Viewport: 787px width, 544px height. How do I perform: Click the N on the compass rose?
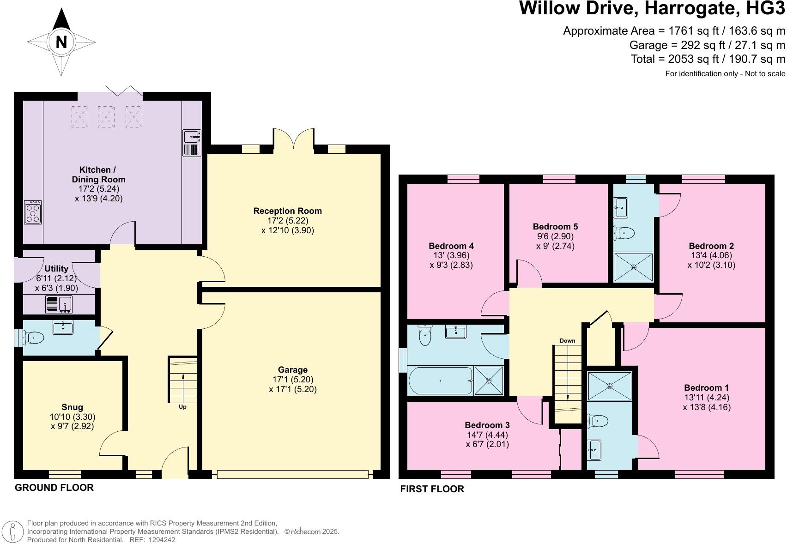61,42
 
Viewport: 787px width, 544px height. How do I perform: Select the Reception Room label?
287,211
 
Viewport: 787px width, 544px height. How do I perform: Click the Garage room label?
292,370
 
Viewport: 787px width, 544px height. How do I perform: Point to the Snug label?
73,407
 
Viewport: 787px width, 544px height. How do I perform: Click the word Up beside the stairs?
182,407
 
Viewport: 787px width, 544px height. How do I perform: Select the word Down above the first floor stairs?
567,341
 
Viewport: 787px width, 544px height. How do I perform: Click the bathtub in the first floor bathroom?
440,381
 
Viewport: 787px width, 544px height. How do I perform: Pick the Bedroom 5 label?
555,227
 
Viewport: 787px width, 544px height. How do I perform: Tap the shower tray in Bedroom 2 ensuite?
633,267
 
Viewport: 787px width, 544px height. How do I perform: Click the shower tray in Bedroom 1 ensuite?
610,386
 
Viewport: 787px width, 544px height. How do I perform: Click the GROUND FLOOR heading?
54,488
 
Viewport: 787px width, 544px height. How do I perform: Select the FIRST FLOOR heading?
432,489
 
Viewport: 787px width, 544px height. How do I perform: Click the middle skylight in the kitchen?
106,117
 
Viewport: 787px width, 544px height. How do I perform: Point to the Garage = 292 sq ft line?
707,45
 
